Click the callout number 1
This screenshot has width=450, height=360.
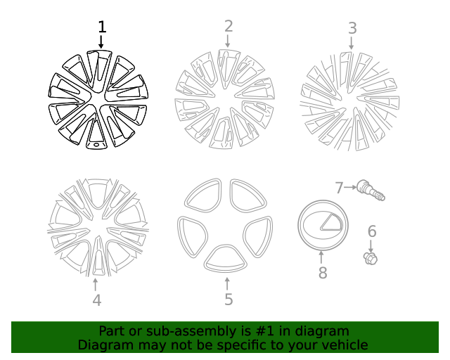click(102, 27)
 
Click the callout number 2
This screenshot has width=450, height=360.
click(229, 26)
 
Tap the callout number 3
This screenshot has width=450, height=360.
click(352, 28)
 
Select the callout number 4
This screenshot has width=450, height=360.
click(96, 300)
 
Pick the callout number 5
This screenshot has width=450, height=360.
click(229, 300)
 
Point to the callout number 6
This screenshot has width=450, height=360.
click(372, 231)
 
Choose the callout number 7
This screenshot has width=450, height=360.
click(339, 188)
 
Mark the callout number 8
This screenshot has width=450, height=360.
click(323, 273)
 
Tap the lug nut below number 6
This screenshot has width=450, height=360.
click(371, 258)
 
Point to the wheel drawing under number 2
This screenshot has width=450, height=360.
click(224, 98)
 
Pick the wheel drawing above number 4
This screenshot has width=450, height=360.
click(96, 226)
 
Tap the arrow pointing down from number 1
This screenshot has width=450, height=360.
click(102, 41)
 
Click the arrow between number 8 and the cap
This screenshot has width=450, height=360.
click(322, 257)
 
